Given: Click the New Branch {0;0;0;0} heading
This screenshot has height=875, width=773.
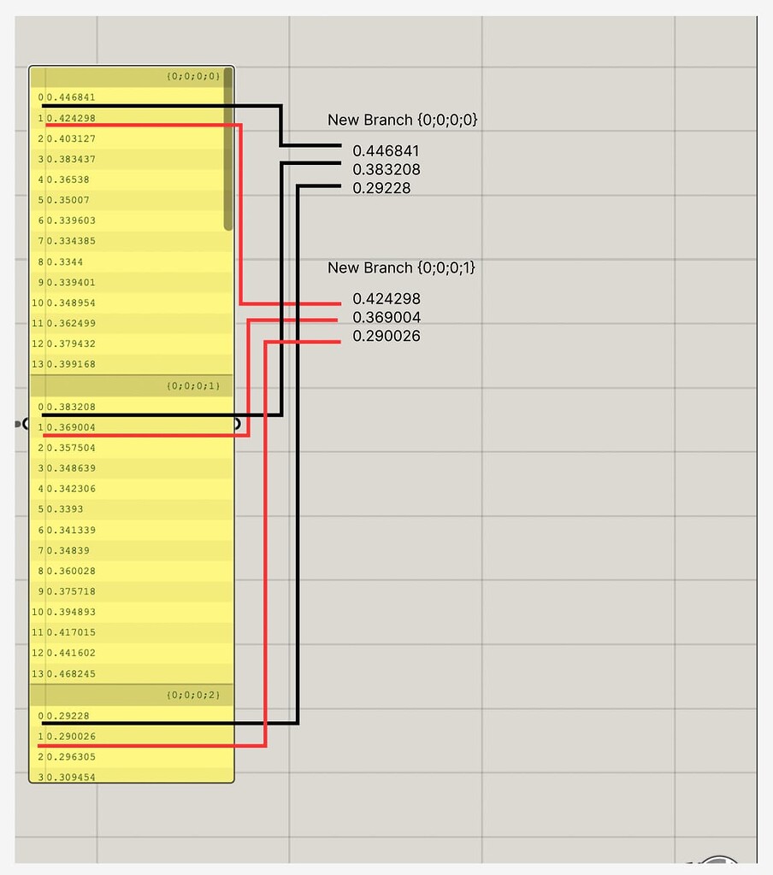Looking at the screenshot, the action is tap(402, 120).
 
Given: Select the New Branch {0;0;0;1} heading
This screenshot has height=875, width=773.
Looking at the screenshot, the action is tap(401, 267).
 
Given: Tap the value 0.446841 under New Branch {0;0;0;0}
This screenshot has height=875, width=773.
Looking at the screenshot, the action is tap(386, 150).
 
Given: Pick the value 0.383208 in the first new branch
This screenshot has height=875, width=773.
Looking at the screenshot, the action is tap(386, 169).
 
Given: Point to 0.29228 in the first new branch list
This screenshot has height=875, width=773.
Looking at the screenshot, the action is tap(381, 188).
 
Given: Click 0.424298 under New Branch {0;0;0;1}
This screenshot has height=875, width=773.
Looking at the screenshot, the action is tap(386, 298).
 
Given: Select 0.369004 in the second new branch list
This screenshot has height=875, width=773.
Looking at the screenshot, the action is tap(386, 317).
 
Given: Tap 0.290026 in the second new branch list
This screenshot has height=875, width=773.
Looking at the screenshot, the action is tap(386, 336).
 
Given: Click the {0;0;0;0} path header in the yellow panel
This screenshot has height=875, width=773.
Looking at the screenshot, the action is tap(193, 76).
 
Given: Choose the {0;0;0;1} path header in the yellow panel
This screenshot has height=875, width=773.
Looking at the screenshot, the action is tap(193, 385).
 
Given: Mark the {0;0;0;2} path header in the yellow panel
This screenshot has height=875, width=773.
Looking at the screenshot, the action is tap(193, 695).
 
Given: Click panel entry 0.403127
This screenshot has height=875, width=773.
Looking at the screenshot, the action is tap(71, 138).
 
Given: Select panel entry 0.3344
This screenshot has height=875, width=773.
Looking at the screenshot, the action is tap(65, 261).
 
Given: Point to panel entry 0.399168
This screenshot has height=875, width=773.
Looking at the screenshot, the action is tap(71, 364).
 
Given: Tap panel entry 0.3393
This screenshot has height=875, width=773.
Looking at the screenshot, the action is tap(65, 509).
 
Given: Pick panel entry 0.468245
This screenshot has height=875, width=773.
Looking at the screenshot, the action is tap(71, 673).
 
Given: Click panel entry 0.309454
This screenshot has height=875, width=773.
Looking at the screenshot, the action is tap(71, 777).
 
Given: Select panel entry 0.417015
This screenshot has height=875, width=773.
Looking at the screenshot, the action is tap(71, 632).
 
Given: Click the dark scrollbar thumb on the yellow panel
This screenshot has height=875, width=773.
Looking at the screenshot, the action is tap(227, 149).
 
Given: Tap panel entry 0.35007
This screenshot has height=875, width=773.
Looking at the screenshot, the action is tap(68, 200).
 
